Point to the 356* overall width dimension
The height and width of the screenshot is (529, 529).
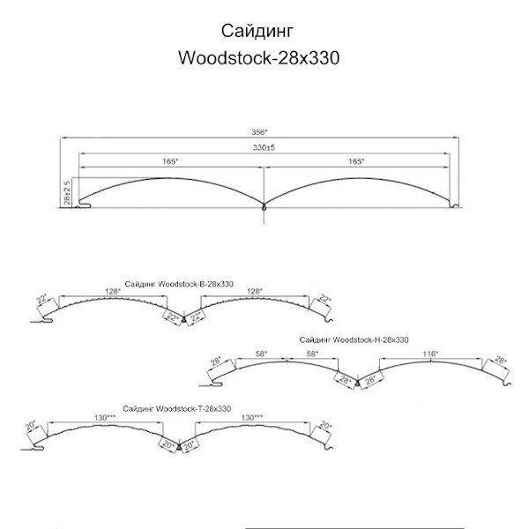262,132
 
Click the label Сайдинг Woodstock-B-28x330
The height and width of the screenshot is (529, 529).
180,283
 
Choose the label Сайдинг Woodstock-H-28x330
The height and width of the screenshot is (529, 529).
354,339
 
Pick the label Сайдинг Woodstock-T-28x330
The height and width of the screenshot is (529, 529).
177,408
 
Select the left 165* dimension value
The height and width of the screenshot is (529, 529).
170,161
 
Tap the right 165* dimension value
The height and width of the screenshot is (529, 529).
356,161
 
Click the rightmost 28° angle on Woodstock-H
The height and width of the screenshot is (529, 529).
501,361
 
